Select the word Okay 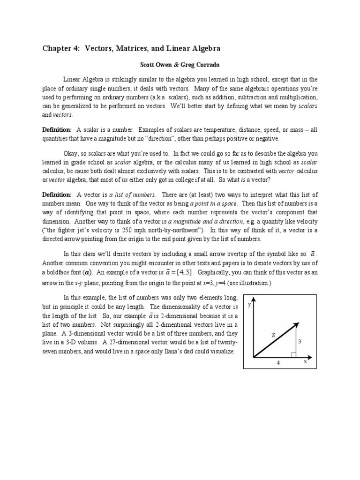72,153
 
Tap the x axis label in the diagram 305,361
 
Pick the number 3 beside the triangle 299,341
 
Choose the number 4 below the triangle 278,363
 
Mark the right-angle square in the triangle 293,354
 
